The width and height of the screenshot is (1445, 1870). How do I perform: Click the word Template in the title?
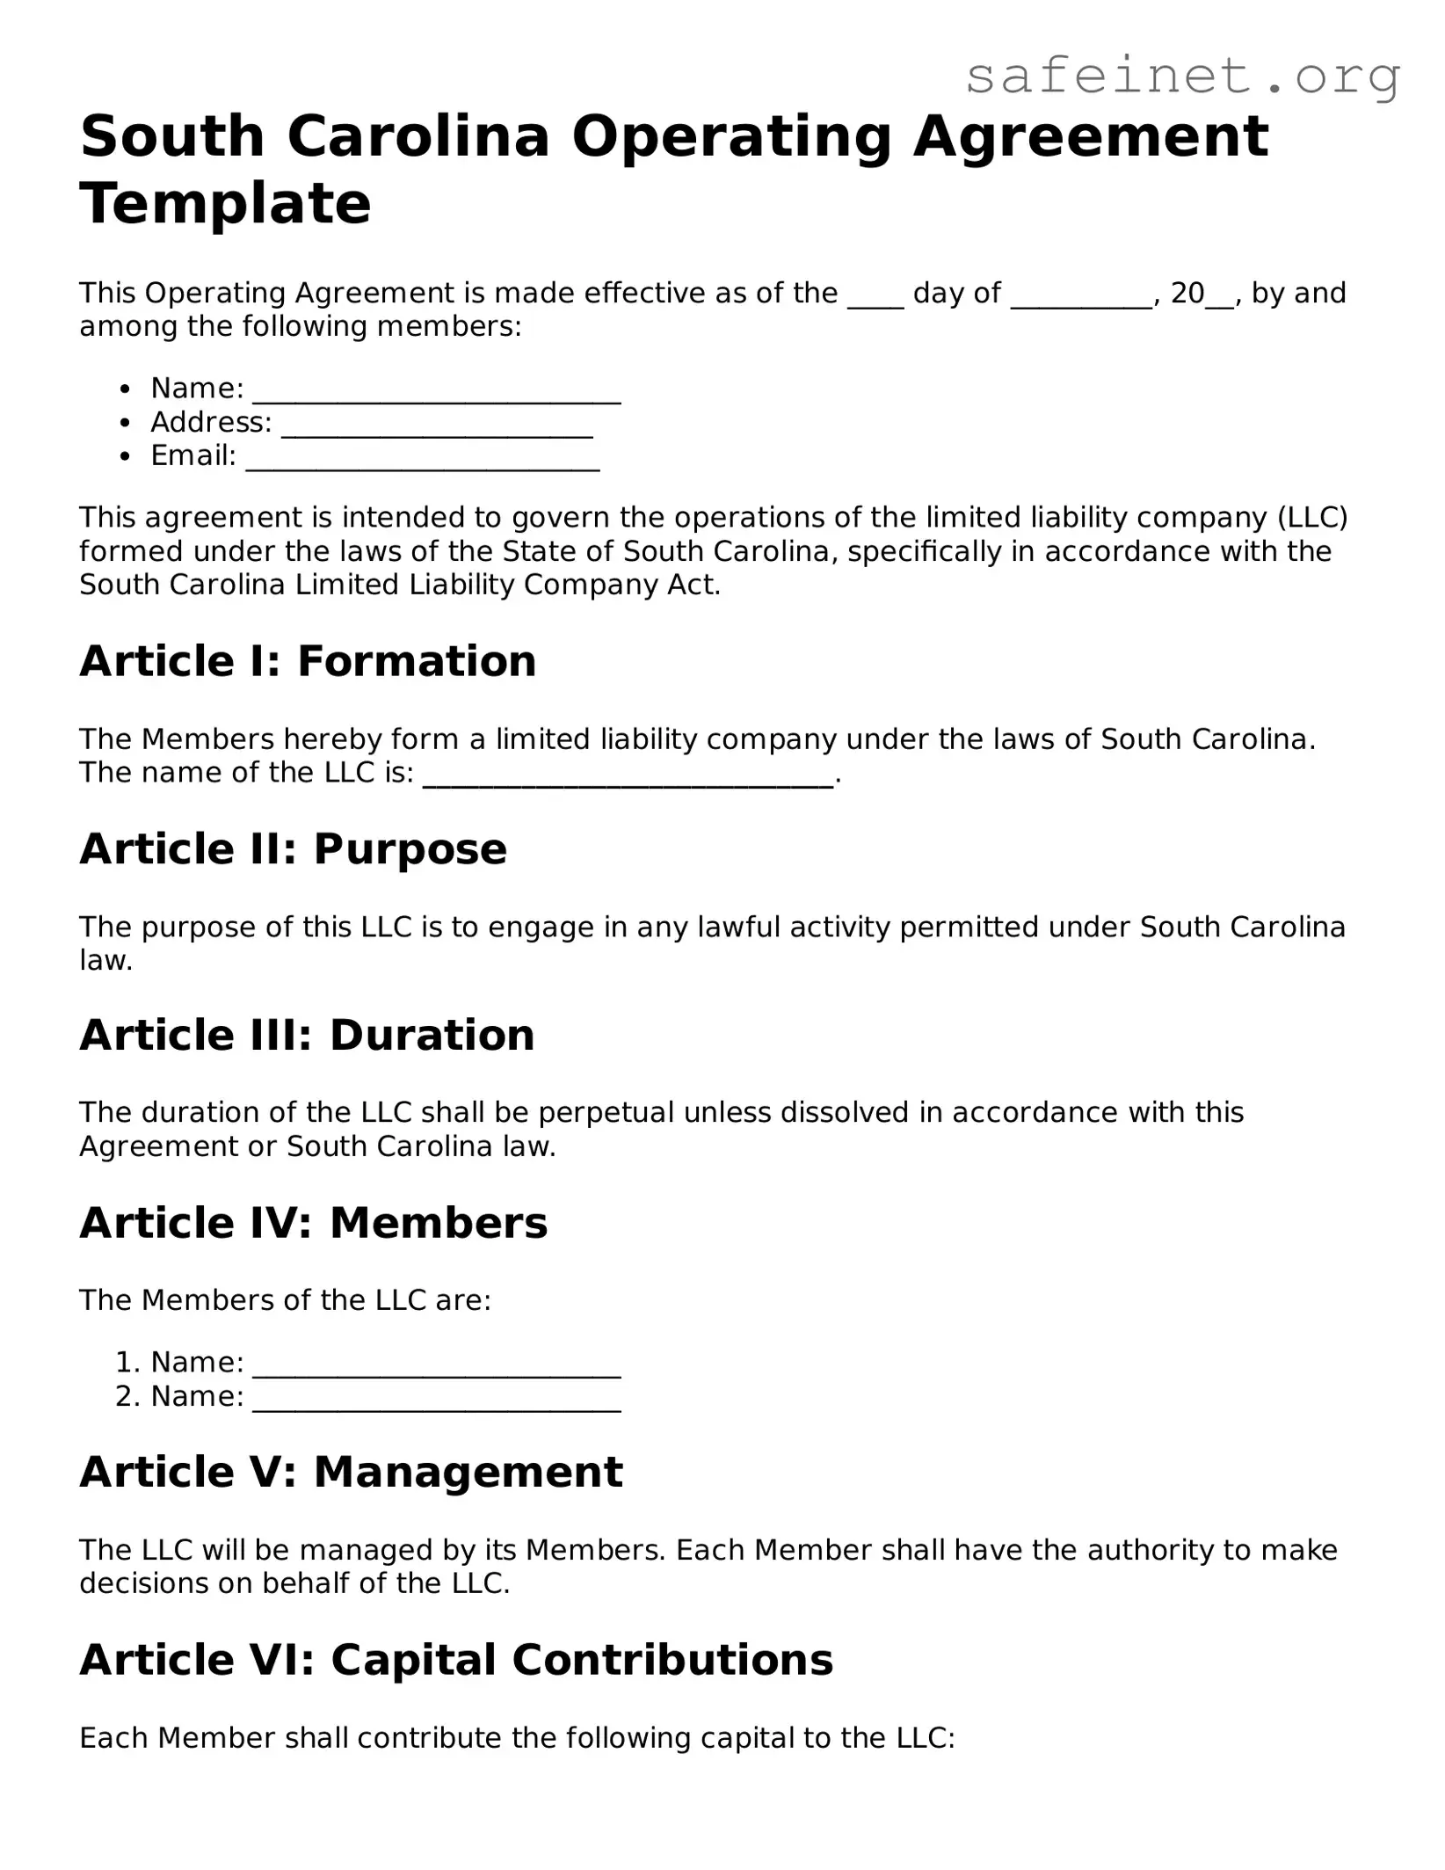pos(225,204)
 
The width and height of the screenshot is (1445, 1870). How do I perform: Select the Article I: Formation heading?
pos(308,661)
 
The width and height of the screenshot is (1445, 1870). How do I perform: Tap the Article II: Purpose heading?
pos(293,849)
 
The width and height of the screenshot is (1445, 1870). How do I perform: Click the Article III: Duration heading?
pos(307,1035)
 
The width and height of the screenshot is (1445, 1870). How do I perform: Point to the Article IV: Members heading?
pos(313,1223)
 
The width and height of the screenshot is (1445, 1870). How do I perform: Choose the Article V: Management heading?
pos(351,1472)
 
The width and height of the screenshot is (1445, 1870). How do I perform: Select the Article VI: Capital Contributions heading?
pos(456,1660)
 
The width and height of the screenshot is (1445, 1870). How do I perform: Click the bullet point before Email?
pos(127,456)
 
